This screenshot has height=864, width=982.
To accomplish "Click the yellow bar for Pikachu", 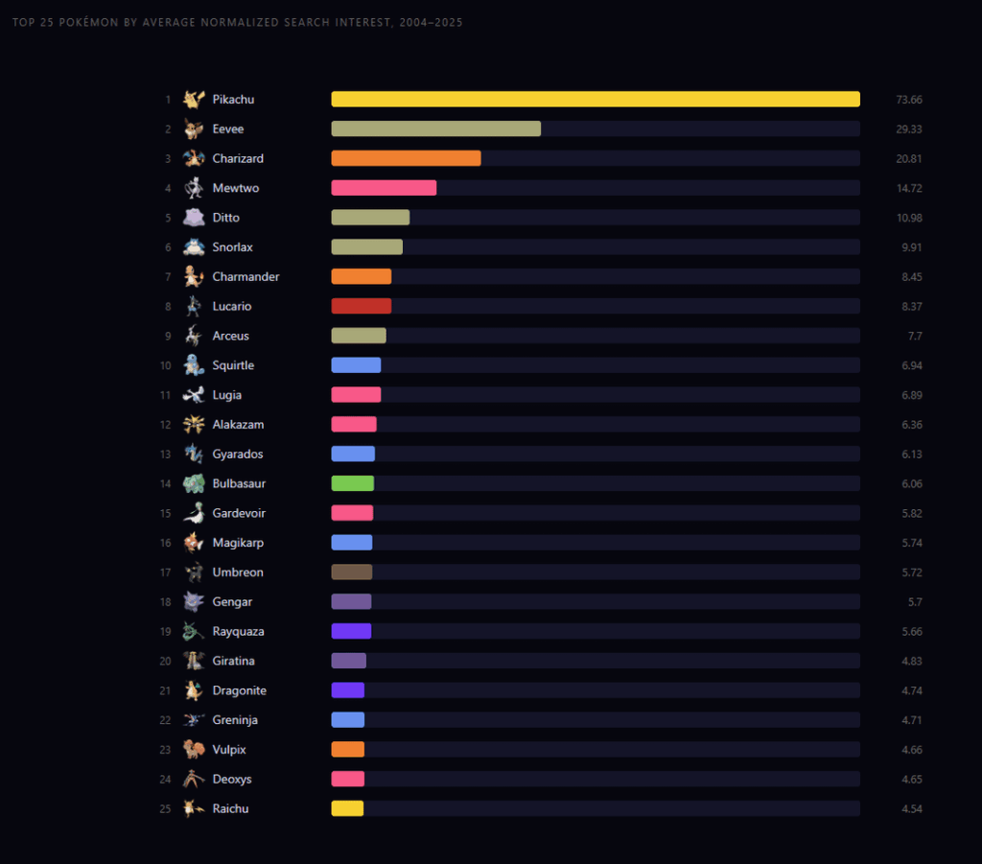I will tap(595, 100).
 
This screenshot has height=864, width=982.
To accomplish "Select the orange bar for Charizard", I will tap(406, 158).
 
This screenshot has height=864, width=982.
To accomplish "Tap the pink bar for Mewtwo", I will tap(384, 188).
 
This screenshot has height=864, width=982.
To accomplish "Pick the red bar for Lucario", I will tap(361, 306).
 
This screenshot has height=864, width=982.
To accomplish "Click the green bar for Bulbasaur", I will tap(352, 483).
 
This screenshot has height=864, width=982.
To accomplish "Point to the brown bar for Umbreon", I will tap(351, 572).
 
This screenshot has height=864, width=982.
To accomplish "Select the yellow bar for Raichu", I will tap(347, 808).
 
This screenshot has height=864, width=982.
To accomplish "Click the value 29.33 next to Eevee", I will tap(909, 129).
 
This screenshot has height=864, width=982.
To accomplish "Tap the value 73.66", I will tap(909, 100).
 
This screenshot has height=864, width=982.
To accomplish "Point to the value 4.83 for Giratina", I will tap(909, 662).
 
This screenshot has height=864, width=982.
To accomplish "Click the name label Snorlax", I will tap(233, 247).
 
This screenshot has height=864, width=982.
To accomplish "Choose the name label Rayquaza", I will tap(238, 632).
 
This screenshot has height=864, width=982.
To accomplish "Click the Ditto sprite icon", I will tap(194, 218).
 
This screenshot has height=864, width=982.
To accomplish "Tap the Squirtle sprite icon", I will tap(194, 365).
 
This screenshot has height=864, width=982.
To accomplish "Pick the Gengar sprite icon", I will tap(194, 602).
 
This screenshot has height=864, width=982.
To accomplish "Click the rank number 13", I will tap(165, 455).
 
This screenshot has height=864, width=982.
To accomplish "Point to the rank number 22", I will tap(165, 720).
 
